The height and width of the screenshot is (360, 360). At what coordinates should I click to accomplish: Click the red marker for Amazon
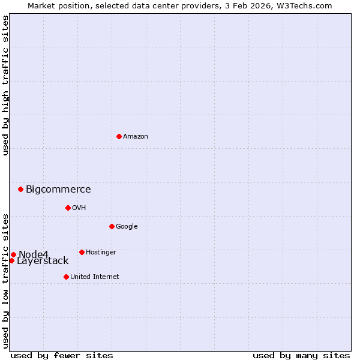click(x=119, y=136)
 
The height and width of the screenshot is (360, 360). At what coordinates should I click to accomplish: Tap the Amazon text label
click(x=136, y=137)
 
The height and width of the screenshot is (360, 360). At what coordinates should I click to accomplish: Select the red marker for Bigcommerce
click(x=20, y=189)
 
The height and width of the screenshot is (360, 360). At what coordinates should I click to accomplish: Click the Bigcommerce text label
click(x=58, y=190)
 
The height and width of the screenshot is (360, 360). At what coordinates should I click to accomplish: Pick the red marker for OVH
click(x=68, y=208)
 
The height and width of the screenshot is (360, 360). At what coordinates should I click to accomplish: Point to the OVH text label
click(x=79, y=208)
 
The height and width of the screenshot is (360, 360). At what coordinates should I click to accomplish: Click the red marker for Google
click(x=112, y=226)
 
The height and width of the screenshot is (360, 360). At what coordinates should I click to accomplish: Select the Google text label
click(x=127, y=227)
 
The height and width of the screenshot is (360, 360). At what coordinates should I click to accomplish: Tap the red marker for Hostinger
click(x=82, y=252)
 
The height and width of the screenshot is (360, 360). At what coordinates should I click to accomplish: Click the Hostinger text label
click(x=101, y=253)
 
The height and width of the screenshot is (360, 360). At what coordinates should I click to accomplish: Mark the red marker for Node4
click(x=13, y=254)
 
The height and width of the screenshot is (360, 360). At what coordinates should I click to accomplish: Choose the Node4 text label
click(x=33, y=254)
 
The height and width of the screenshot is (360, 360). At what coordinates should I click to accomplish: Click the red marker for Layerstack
click(x=11, y=260)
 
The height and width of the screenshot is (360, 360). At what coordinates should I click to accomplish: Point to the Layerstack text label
click(x=43, y=261)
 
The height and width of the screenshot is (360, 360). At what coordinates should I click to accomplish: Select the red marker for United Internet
click(x=66, y=277)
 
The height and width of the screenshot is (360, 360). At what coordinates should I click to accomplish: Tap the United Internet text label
click(x=94, y=277)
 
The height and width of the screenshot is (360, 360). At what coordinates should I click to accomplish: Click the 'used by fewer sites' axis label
click(x=62, y=355)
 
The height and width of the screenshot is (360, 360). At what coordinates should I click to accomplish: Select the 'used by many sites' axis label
click(x=301, y=355)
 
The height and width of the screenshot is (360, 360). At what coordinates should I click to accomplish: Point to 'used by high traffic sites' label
click(x=5, y=86)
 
